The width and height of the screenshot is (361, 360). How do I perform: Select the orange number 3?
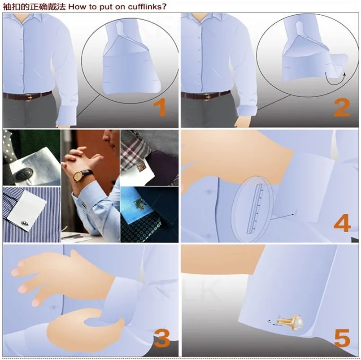click(162, 338)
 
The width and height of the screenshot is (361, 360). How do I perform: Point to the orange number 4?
click(342, 223)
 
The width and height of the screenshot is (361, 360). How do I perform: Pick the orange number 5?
click(342, 338)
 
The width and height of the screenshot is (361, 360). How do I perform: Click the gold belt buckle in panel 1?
click(29, 97)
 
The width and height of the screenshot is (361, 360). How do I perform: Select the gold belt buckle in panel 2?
click(207, 97)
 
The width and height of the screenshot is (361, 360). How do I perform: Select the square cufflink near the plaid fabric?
click(141, 165)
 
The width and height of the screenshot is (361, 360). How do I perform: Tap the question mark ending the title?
click(164, 6)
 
